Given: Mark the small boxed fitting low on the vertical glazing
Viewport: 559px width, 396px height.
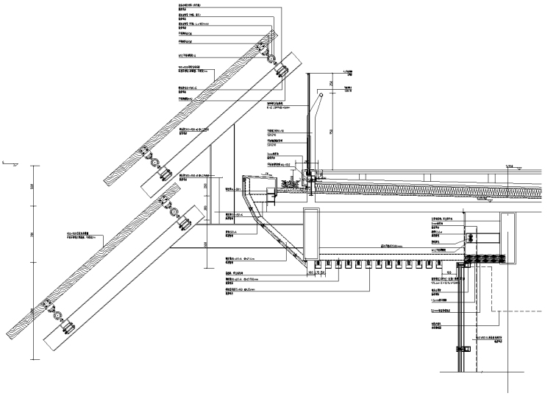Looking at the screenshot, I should pos(462,345).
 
